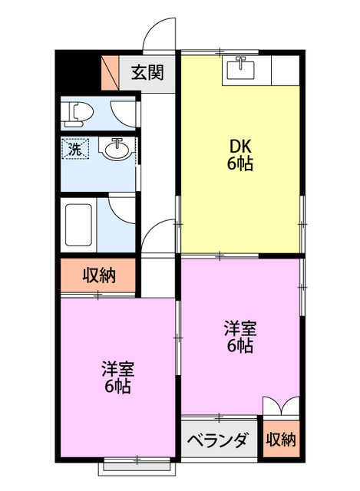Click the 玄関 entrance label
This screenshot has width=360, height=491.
(147, 73)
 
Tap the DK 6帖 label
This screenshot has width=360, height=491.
(240, 155)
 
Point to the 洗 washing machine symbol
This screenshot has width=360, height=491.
(75, 148)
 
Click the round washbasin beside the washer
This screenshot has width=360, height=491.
(117, 150)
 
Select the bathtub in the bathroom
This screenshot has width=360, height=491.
(78, 225)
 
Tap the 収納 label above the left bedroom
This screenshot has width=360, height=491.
(99, 275)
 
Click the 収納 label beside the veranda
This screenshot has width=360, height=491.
(281, 440)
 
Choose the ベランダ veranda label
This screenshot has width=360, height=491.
(219, 440)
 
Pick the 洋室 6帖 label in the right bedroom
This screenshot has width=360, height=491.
(240, 337)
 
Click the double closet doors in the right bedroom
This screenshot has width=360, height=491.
(282, 407)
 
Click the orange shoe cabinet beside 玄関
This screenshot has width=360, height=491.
(111, 73)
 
